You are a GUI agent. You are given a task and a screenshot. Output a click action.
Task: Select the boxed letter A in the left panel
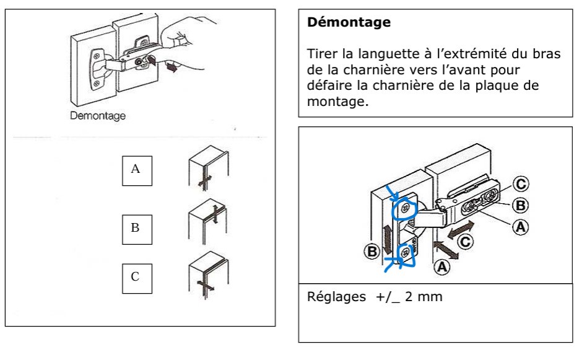(136, 169)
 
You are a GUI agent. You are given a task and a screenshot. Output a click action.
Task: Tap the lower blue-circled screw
(406, 252)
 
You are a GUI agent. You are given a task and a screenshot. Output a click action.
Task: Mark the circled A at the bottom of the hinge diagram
(441, 267)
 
